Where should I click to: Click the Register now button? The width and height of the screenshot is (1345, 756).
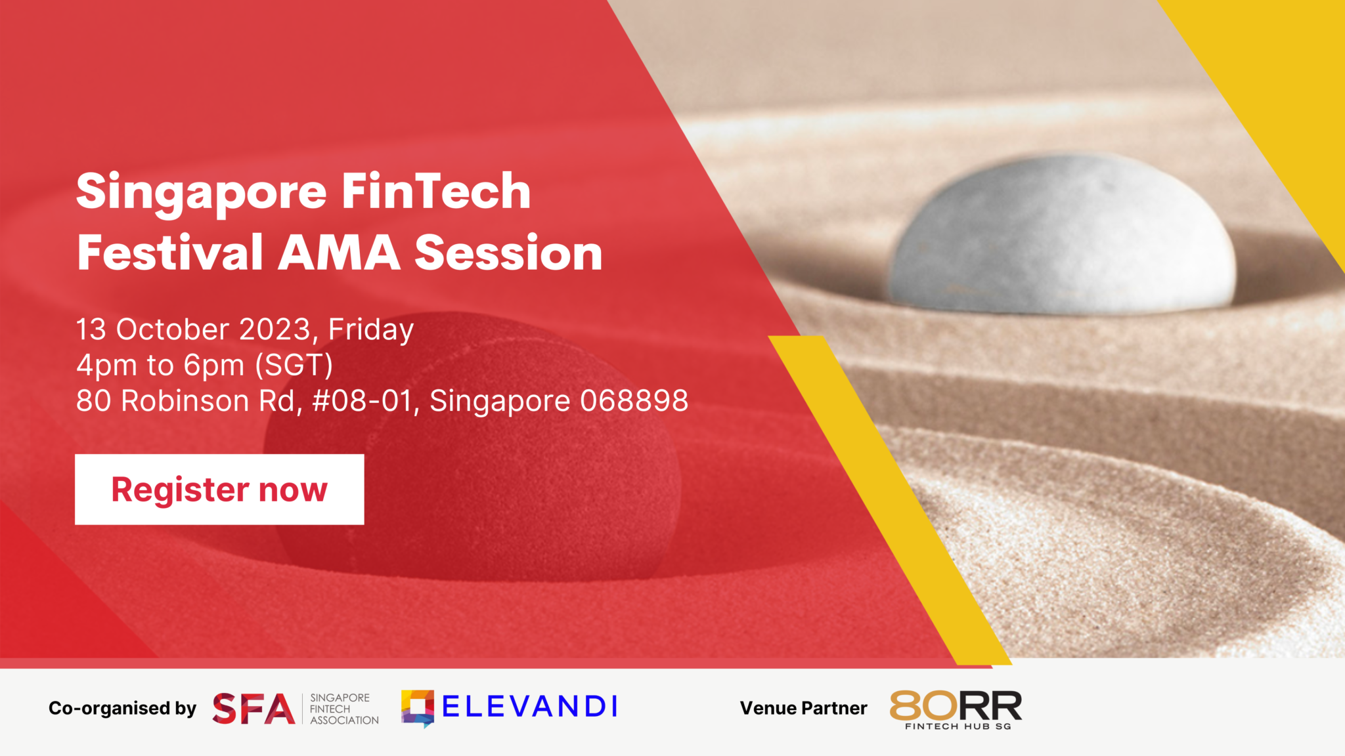click(x=219, y=490)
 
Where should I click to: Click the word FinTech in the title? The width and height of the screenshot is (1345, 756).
click(x=436, y=192)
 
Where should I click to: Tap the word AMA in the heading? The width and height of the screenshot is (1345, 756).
click(x=339, y=253)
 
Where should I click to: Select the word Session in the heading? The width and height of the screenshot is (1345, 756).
click(x=508, y=253)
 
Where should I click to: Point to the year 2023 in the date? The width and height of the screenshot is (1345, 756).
click(x=275, y=329)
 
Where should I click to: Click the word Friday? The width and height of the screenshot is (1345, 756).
click(x=371, y=330)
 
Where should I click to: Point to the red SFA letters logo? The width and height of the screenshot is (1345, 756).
click(x=254, y=709)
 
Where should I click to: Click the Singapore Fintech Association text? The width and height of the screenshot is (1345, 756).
click(x=343, y=709)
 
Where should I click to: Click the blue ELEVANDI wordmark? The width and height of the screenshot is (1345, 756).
click(x=529, y=707)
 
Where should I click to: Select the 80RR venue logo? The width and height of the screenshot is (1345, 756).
click(x=956, y=709)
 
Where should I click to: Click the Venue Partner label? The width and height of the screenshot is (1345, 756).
click(x=803, y=709)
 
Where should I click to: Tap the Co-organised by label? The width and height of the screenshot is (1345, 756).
click(x=122, y=709)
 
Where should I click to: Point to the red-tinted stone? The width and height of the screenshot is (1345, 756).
click(x=473, y=453)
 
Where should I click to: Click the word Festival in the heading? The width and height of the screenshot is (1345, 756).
click(x=170, y=253)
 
